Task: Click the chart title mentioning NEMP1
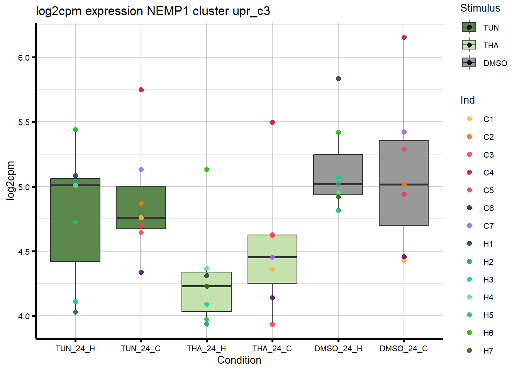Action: click(x=153, y=11)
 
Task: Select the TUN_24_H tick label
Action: click(x=75, y=349)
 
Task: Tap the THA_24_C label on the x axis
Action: click(x=272, y=349)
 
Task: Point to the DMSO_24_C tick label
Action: click(x=404, y=349)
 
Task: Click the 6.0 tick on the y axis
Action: click(x=24, y=58)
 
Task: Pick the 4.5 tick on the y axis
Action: click(x=24, y=252)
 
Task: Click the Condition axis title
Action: click(x=239, y=360)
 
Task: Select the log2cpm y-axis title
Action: click(x=10, y=180)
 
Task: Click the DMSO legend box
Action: click(x=469, y=63)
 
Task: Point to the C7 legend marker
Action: click(x=470, y=226)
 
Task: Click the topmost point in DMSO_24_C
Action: click(x=404, y=37)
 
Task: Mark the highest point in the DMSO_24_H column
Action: click(x=338, y=79)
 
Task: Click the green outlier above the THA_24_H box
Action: click(x=207, y=170)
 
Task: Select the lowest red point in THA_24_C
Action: click(x=272, y=325)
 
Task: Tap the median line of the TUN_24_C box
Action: click(x=141, y=218)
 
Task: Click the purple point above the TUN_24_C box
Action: click(x=141, y=170)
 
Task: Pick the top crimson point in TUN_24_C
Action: click(x=141, y=90)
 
